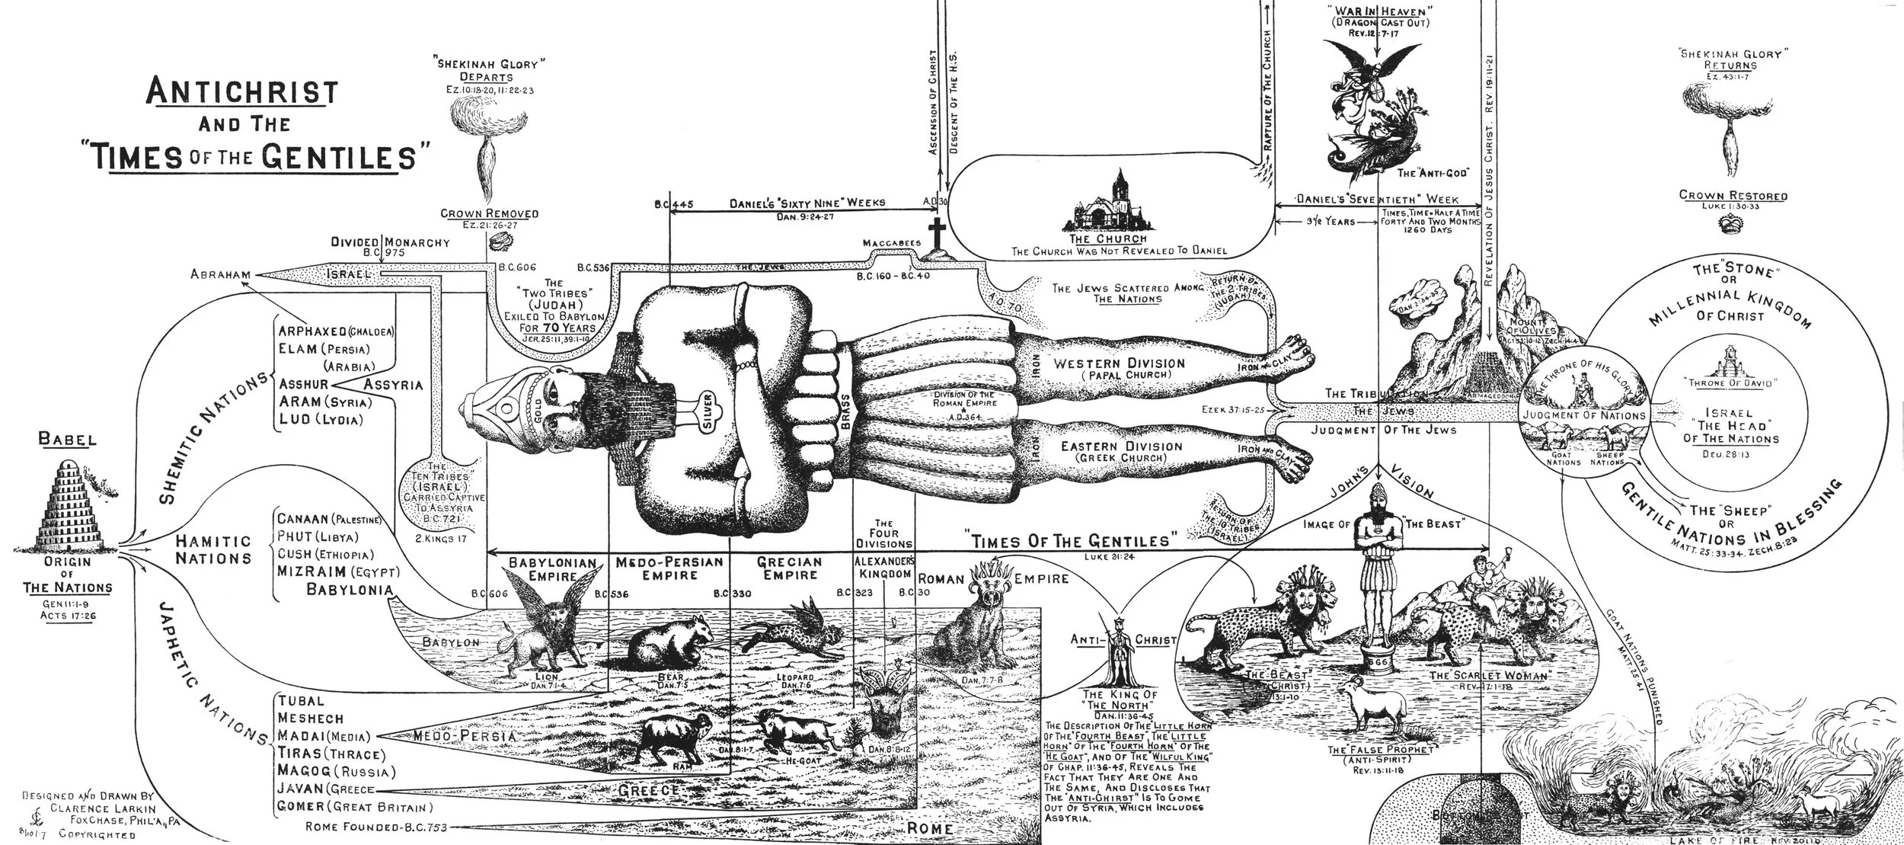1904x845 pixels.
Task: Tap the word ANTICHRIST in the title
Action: click(241, 92)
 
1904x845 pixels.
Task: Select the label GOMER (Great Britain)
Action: click(355, 807)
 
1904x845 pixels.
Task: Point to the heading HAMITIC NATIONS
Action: click(214, 549)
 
